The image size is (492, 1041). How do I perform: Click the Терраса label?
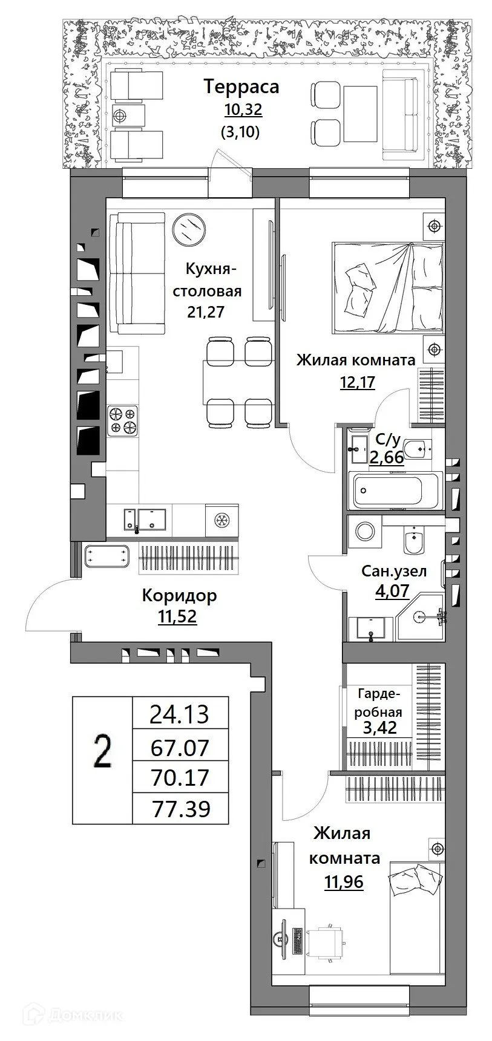point(241,86)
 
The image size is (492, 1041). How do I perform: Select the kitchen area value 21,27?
point(207,312)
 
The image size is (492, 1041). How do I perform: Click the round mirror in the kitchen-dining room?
point(188,229)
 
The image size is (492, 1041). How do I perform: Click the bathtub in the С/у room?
point(396,489)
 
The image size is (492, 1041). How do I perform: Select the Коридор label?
point(179,596)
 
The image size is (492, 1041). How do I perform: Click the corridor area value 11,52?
point(177,617)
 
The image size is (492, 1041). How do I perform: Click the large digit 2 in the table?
point(102,754)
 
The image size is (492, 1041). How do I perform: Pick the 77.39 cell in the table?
point(180,809)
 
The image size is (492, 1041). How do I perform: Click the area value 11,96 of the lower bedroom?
point(344,882)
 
